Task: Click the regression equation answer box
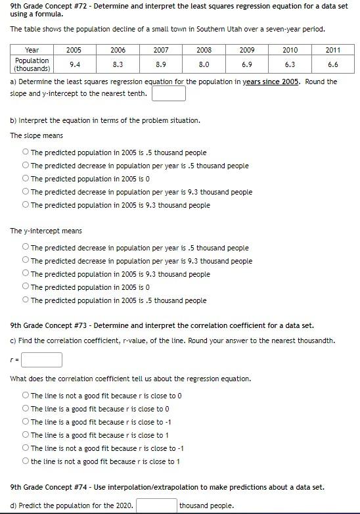[x=168, y=93]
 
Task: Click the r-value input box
[x=45, y=360]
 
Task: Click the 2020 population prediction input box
[x=156, y=505]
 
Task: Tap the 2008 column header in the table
[x=204, y=50]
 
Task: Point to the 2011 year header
[x=332, y=50]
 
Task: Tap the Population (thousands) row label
[x=32, y=64]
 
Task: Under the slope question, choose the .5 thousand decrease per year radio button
[x=25, y=166]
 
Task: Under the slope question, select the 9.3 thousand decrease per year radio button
[x=25, y=192]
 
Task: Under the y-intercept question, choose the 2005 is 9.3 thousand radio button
[x=25, y=274]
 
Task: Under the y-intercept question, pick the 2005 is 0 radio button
[x=25, y=287]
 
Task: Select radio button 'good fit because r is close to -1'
[x=25, y=422]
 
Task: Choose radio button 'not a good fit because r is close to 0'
[x=25, y=396]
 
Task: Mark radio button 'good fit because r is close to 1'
[x=25, y=435]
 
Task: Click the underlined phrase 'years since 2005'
[x=271, y=82]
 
